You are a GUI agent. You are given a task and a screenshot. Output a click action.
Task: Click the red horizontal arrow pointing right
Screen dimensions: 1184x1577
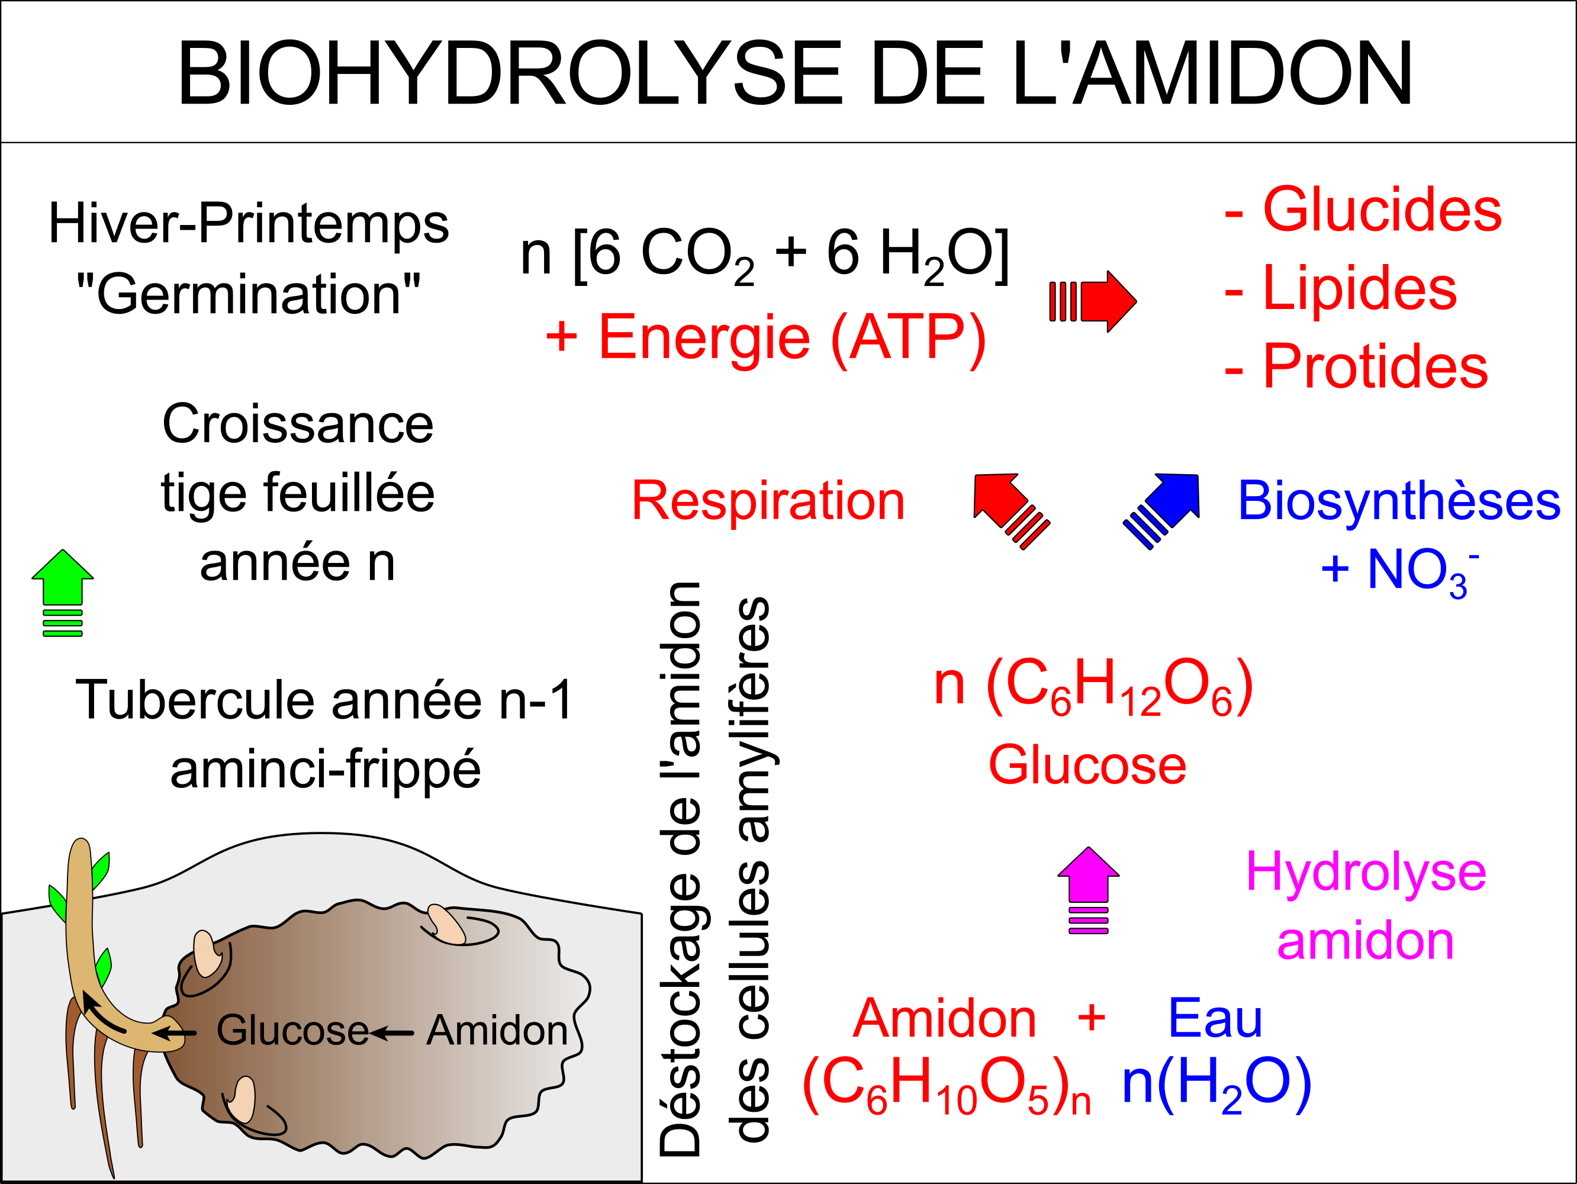1093,301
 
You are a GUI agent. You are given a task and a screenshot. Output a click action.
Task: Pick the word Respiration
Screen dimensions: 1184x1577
768,500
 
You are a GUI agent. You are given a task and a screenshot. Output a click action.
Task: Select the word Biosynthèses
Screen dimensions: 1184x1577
1399,500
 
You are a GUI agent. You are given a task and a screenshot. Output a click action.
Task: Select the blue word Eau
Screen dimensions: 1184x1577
1215,1018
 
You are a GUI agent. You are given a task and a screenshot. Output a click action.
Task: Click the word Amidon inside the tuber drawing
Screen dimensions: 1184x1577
497,1030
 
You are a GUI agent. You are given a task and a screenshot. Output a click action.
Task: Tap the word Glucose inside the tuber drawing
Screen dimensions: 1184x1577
292,1030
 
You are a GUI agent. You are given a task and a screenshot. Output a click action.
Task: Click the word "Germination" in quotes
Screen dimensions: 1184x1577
248,294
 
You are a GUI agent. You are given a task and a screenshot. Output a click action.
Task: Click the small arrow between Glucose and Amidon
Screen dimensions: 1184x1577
391,1033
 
